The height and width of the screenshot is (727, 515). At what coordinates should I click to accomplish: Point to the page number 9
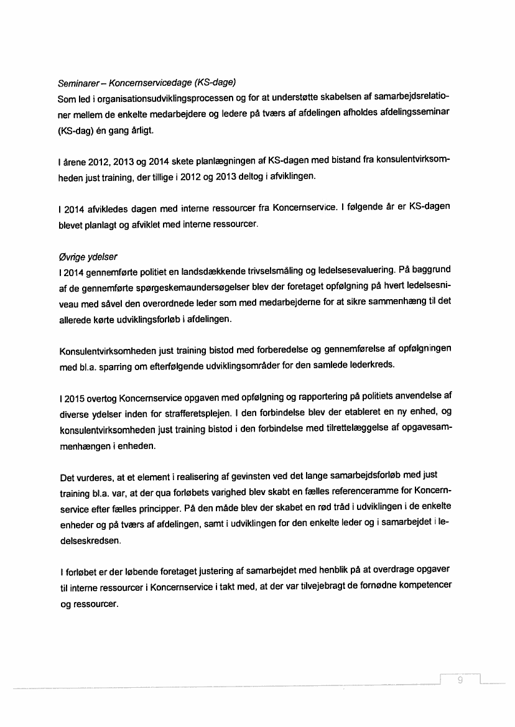pos(460,680)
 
